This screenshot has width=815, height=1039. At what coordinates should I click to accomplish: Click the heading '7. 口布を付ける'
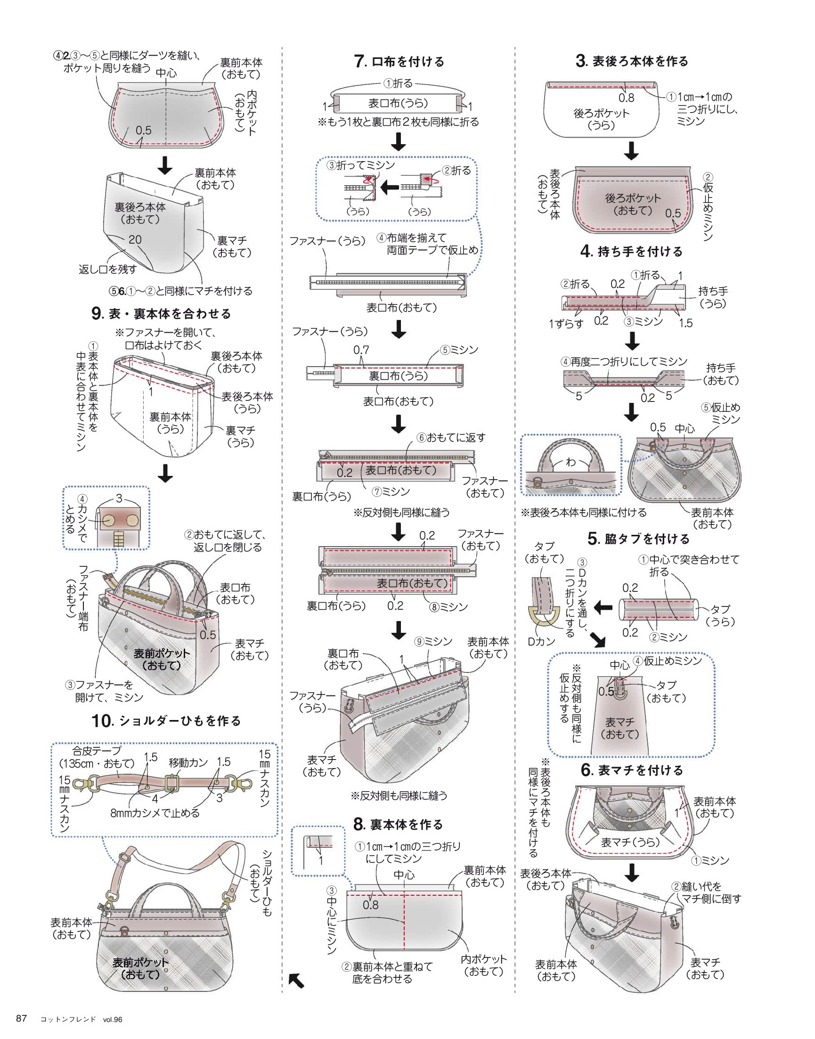[x=399, y=61]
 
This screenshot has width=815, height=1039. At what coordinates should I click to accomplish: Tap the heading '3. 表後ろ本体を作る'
[x=632, y=61]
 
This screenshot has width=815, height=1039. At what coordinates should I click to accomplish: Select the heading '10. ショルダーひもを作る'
[x=166, y=720]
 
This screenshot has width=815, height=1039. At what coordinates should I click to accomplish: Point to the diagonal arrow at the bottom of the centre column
[x=296, y=981]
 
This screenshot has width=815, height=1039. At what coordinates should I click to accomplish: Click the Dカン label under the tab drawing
[x=542, y=641]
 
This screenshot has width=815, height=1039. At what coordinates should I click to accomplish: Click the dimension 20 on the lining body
[x=135, y=239]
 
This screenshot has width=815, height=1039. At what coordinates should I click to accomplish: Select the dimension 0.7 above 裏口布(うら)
[x=361, y=350]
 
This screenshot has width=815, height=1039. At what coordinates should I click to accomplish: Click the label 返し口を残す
[x=108, y=269]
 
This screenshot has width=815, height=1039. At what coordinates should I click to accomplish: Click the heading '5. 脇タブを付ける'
[x=639, y=539]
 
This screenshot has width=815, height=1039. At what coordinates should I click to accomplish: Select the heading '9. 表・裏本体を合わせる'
[x=161, y=313]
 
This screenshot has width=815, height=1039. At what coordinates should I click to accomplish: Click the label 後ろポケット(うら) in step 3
[x=601, y=119]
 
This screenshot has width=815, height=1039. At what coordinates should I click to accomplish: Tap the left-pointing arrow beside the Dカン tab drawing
[x=603, y=608]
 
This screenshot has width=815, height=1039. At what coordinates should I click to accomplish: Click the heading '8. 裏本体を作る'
[x=399, y=824]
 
